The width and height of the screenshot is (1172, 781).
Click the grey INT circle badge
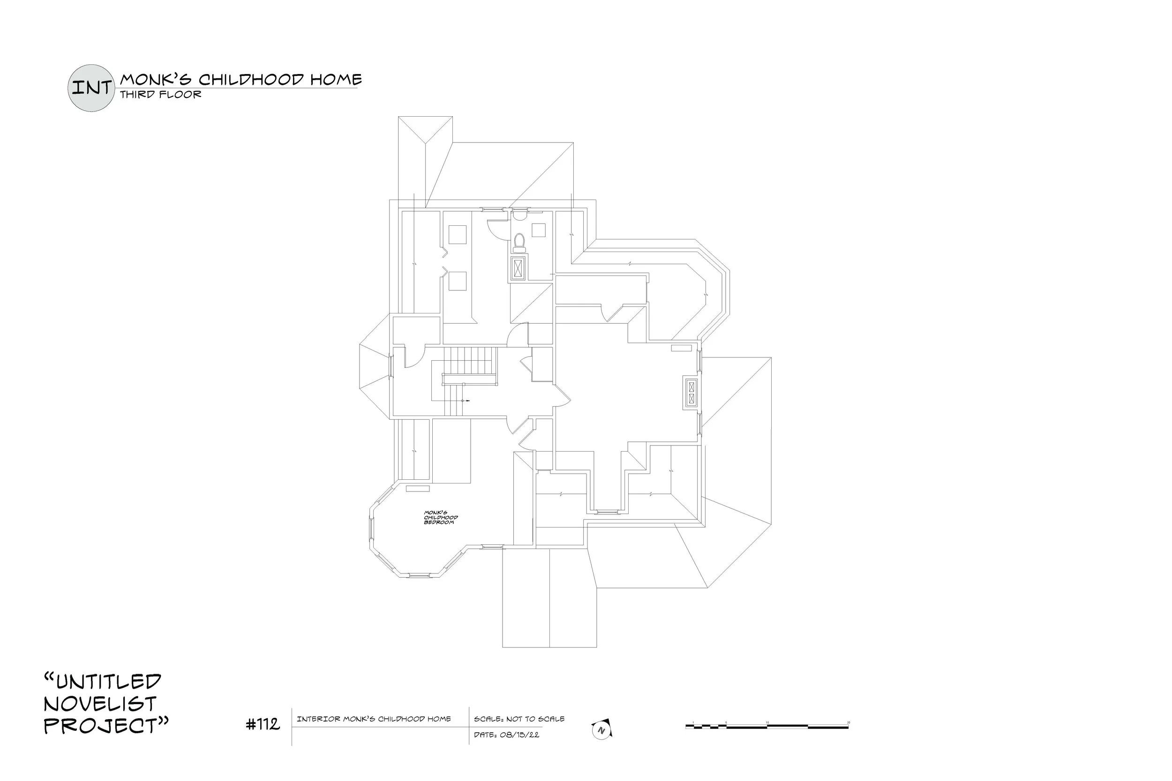click(90, 88)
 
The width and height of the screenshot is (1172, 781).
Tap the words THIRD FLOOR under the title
click(160, 95)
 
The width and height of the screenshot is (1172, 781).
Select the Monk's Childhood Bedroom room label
click(440, 518)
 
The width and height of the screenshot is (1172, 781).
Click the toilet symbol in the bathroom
click(519, 241)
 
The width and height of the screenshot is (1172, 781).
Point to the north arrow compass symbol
click(601, 729)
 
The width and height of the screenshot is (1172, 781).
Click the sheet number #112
click(263, 724)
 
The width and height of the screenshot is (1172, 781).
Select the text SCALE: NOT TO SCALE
click(519, 719)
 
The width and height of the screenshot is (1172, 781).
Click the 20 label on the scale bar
click(848, 722)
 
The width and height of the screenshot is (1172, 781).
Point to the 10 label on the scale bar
click(767, 722)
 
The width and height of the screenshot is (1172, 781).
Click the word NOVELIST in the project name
click(100, 703)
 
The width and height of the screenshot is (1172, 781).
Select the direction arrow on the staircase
click(466, 401)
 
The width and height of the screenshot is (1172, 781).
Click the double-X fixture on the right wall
click(691, 392)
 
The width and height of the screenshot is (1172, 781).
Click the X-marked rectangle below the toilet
click(518, 269)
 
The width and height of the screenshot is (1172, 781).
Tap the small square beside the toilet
click(538, 230)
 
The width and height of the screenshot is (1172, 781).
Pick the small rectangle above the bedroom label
click(417, 489)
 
